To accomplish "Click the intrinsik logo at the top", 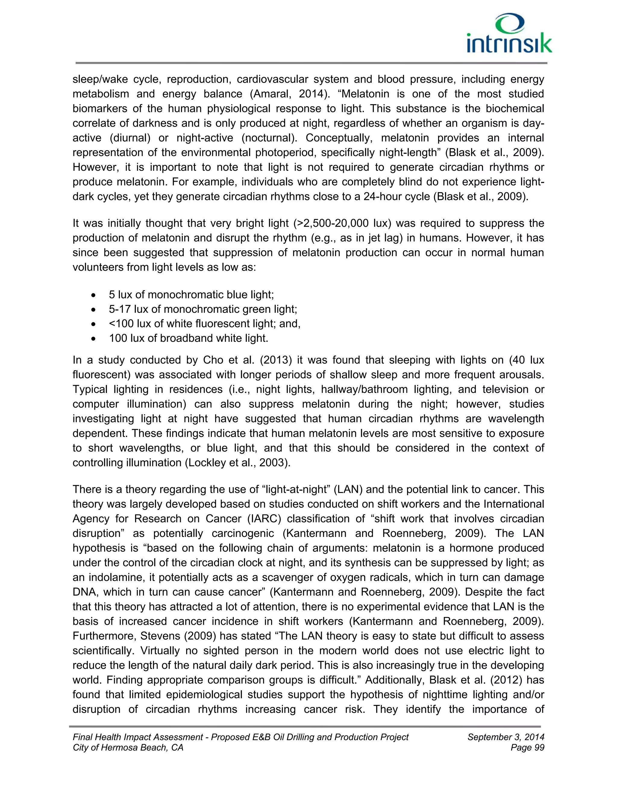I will [509, 34].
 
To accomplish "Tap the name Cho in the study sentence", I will [213, 360].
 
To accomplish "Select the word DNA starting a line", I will [83, 592].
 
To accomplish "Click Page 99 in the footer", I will [528, 748].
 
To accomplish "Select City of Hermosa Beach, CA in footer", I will [128, 748].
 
